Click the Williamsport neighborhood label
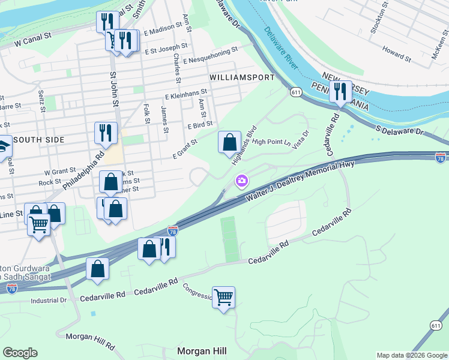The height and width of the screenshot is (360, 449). click(x=242, y=77)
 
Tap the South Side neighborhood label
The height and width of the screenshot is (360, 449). click(x=38, y=139)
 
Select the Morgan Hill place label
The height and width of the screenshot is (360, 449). click(x=201, y=350)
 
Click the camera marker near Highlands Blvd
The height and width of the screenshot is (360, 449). click(x=242, y=180)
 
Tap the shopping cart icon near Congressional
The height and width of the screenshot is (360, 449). click(x=223, y=296)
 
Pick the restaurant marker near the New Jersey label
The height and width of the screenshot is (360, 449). click(x=340, y=92)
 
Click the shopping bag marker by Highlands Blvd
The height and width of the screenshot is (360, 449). click(x=229, y=143)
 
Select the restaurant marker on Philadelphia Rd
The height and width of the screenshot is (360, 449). click(x=106, y=133)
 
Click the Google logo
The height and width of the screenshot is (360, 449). click(x=20, y=353)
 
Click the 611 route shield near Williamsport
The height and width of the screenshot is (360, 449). click(x=295, y=92)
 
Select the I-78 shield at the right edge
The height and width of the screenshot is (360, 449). click(x=441, y=157)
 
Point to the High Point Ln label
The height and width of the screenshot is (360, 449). click(x=271, y=142)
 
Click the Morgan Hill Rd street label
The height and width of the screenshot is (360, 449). click(x=90, y=341)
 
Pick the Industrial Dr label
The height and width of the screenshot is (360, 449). click(x=49, y=300)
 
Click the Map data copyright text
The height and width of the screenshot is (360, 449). click(x=411, y=355)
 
